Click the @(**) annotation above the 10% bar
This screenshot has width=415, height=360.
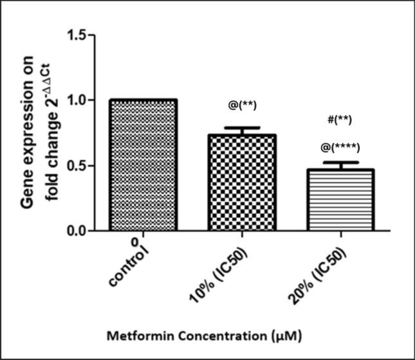point(242,105)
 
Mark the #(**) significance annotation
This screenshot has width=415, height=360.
point(339,120)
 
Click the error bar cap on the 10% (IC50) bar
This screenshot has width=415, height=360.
point(242,128)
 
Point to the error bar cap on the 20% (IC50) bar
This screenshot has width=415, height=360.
point(339,162)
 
